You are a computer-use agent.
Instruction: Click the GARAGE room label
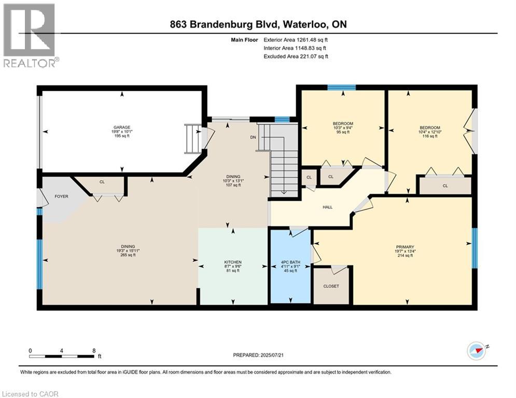122,127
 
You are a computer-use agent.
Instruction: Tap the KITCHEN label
233,262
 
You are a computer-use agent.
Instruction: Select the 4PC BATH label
290,262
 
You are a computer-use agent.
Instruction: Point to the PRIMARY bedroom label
405,247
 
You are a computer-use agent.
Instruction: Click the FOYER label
62,196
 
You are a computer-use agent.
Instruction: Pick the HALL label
327,207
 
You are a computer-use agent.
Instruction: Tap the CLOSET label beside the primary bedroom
331,286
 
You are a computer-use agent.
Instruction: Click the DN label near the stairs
253,137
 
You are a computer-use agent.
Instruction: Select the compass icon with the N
477,351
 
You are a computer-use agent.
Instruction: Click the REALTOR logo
29,35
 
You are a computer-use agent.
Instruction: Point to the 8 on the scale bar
94,351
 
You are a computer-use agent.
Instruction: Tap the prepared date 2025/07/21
272,355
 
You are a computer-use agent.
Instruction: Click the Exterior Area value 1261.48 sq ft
312,40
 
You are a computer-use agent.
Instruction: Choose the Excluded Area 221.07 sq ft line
296,56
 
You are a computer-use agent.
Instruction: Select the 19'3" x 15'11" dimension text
128,251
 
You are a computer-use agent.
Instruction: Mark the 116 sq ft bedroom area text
430,136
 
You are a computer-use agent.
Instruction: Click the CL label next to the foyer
102,182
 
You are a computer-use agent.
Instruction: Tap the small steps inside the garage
192,138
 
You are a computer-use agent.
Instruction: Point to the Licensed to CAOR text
30,394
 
